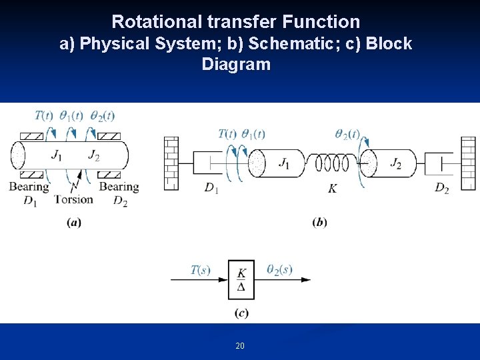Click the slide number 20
tap(240, 345)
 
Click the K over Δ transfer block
tap(241, 280)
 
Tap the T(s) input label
tap(200, 269)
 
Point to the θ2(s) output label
tap(279, 269)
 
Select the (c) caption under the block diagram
tap(241, 313)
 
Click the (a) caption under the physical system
tap(74, 223)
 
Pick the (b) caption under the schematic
tap(319, 223)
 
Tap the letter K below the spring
tap(332, 189)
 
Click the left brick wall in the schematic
tap(171, 163)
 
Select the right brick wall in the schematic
tap(469, 163)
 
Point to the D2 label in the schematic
tap(441, 189)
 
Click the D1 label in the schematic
tap(211, 189)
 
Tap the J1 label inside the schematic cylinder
tap(284, 163)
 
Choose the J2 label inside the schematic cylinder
tap(395, 163)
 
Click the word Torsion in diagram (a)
tap(73, 199)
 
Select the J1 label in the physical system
tap(57, 155)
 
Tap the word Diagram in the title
tap(236, 65)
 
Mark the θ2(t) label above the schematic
tap(348, 134)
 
